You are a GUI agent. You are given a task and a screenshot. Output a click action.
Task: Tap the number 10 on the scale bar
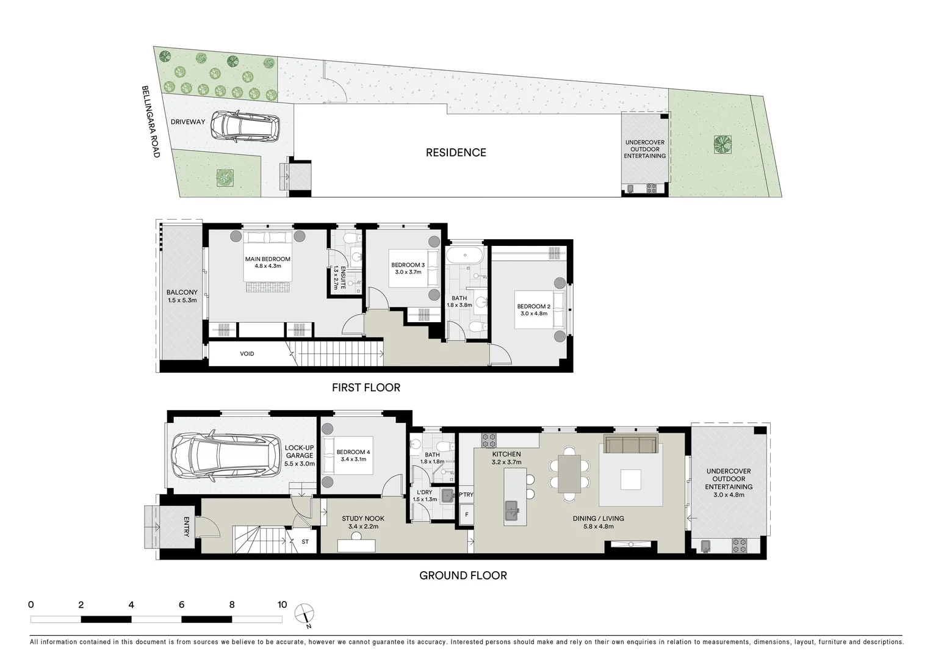click(x=282, y=605)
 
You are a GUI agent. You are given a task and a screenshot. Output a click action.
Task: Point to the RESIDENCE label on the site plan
click(x=456, y=153)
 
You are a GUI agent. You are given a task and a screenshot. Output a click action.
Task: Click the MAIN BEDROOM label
click(x=267, y=259)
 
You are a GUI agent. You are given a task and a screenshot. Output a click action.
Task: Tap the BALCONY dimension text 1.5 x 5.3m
click(x=182, y=300)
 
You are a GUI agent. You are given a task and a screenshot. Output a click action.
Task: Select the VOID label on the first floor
click(x=247, y=354)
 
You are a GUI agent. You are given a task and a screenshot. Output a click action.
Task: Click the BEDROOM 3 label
click(x=408, y=265)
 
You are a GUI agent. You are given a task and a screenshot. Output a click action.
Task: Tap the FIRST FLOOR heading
click(x=366, y=387)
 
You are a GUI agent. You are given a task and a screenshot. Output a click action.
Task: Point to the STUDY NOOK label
click(x=362, y=519)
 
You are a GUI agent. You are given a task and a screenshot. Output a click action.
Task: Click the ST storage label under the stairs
click(x=304, y=541)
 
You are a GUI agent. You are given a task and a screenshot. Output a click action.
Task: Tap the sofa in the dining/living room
click(x=630, y=444)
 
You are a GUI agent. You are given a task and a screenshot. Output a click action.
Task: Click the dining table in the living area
click(x=569, y=474)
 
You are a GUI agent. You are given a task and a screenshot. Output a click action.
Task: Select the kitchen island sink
click(x=511, y=508)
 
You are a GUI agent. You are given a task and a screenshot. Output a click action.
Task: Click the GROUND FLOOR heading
click(x=463, y=575)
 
